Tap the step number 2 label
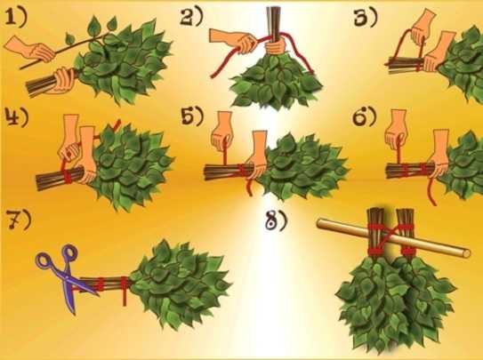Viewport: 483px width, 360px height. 191,18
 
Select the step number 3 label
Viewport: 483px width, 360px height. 366,19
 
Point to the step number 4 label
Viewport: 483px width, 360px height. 17,117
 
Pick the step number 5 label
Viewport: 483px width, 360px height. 192,117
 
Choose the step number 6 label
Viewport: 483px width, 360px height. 365,117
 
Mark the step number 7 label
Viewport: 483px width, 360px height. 19,220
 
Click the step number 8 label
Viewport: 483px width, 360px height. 277,221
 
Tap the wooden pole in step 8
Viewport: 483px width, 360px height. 394,236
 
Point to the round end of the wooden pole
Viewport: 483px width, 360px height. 466,253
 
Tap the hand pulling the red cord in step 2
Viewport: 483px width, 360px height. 234,39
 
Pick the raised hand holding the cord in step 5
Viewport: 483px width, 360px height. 223,132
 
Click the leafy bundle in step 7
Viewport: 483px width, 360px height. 181,283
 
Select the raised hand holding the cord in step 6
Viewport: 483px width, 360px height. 397,130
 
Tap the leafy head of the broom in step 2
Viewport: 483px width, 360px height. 277,81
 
